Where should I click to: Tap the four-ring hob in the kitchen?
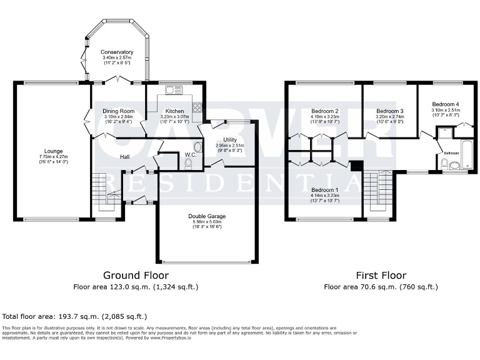[197, 107]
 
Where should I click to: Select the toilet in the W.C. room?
[189, 164]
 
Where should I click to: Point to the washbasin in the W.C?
[198, 147]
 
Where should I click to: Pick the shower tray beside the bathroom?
[444, 132]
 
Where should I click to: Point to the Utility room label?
[230, 140]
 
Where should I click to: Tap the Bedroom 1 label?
[325, 189]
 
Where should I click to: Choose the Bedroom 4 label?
[447, 104]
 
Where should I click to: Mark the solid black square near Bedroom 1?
[356, 165]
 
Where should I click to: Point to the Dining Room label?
[118, 111]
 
